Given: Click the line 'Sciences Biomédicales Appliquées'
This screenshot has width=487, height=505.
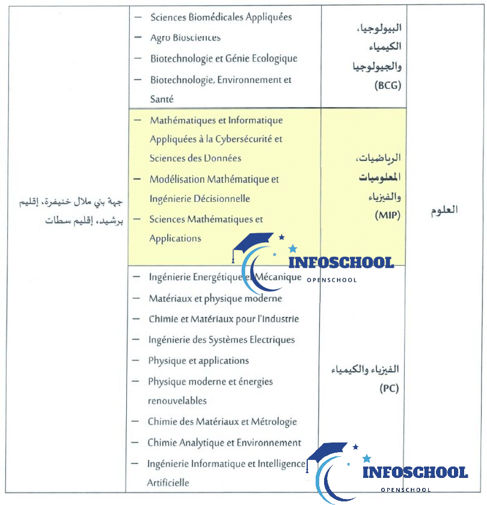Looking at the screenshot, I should pyautogui.click(x=221, y=17).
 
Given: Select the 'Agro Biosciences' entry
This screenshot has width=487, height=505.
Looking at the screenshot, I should pyautogui.click(x=185, y=38).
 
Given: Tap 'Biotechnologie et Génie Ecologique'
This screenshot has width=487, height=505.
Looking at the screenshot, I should pyautogui.click(x=224, y=58).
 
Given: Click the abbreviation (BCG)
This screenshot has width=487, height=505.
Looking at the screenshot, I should pyautogui.click(x=387, y=85).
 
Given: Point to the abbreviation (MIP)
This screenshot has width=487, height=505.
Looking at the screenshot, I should pyautogui.click(x=388, y=215).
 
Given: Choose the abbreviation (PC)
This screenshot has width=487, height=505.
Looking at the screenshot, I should pyautogui.click(x=389, y=388).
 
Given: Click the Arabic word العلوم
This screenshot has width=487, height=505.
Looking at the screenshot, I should pyautogui.click(x=445, y=210).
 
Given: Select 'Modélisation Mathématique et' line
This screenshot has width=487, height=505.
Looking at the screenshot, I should pyautogui.click(x=214, y=179).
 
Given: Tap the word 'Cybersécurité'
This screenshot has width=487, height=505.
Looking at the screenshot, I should pyautogui.click(x=243, y=139).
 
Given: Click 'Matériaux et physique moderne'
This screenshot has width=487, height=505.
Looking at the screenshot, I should pyautogui.click(x=215, y=298).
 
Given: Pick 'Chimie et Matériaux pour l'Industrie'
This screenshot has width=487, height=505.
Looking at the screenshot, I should pyautogui.click(x=223, y=319).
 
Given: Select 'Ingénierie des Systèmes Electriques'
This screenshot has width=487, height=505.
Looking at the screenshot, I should pyautogui.click(x=221, y=340).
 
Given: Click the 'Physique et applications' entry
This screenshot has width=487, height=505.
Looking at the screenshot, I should pyautogui.click(x=198, y=361).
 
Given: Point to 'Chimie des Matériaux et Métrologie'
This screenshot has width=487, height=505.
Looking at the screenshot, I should pyautogui.click(x=222, y=422).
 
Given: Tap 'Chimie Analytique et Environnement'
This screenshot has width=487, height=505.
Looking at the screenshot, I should pyautogui.click(x=224, y=443).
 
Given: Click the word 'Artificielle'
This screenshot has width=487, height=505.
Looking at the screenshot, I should pyautogui.click(x=168, y=482).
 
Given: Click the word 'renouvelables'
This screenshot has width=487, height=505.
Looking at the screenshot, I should pyautogui.click(x=177, y=400).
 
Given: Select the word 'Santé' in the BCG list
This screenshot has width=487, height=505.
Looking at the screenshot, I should pyautogui.click(x=161, y=99).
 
